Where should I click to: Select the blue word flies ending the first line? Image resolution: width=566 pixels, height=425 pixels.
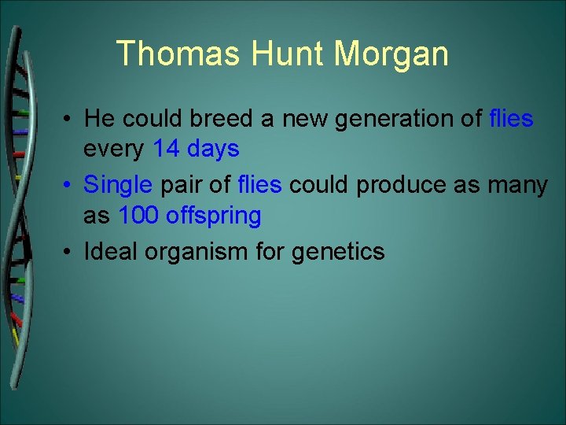tap(511, 119)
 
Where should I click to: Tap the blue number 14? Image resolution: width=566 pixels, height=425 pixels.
tap(167, 148)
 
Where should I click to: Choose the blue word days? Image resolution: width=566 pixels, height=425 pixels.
tap(213, 148)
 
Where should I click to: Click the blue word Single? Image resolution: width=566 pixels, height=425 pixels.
tap(119, 186)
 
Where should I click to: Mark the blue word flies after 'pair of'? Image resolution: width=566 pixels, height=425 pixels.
tap(259, 186)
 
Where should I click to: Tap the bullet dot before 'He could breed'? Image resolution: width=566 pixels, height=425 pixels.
tap(71, 120)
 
